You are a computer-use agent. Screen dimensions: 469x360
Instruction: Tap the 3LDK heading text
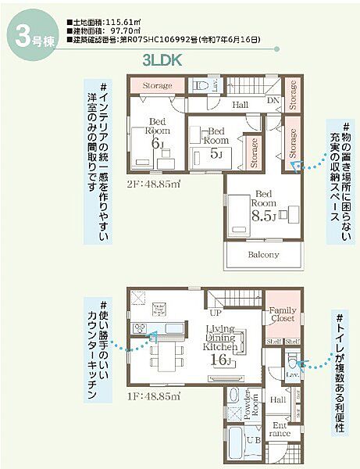pos(161,59)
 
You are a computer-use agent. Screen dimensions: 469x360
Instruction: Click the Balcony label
pos(263,255)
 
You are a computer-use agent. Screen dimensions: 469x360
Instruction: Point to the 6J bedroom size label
pos(157,143)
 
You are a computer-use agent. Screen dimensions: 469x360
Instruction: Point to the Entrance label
pos(281,429)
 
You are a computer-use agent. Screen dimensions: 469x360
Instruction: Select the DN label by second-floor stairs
pos(273,101)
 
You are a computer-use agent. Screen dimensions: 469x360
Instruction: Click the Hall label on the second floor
pos(241,103)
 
